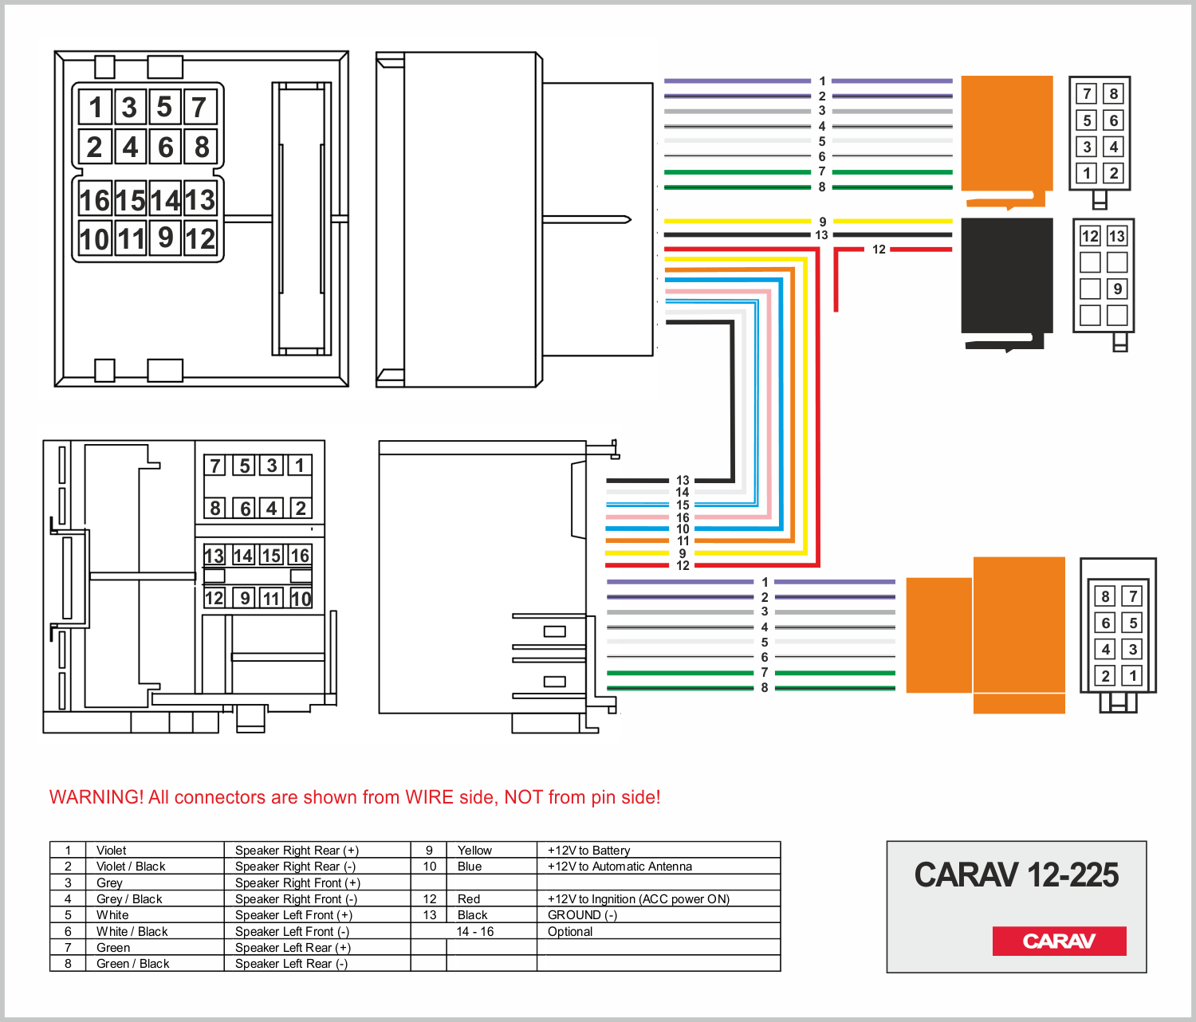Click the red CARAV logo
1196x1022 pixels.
[x=1059, y=941]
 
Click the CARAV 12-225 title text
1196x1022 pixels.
[x=1016, y=875]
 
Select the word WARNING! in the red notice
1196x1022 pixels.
[x=96, y=797]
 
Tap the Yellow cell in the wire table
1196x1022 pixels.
[x=474, y=851]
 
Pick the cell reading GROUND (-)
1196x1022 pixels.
[x=582, y=915]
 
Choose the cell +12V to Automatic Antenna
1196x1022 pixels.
[x=620, y=867]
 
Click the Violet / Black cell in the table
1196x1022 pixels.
[x=131, y=867]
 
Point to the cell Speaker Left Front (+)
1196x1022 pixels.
[x=293, y=915]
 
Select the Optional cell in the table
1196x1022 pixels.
[x=570, y=931]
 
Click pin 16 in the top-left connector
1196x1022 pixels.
[x=95, y=200]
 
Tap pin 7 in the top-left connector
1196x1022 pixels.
[x=199, y=108]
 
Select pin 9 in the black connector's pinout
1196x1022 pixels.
[x=1117, y=289]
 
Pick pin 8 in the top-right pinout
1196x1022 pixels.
[x=1114, y=94]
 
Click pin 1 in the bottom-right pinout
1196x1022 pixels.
[x=1132, y=676]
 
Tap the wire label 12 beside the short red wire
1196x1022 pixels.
[x=879, y=250]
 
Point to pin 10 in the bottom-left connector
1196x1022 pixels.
[x=301, y=598]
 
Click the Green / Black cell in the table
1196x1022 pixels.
[x=132, y=964]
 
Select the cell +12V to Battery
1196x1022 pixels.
[x=588, y=851]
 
